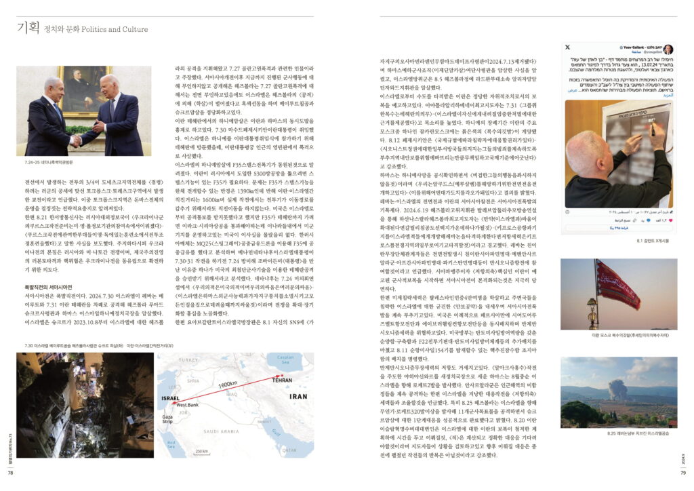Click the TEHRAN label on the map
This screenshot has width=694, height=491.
(x=277, y=381)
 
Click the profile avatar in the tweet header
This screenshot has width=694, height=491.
(x=668, y=49)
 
